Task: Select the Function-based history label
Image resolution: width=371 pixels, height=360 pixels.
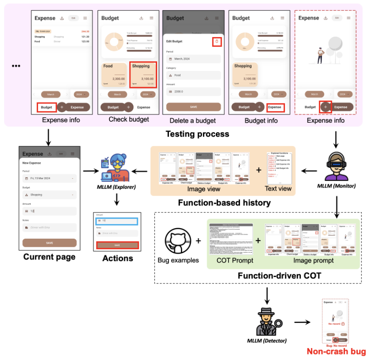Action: click(x=223, y=202)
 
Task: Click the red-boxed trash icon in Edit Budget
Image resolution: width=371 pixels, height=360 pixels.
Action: click(x=218, y=42)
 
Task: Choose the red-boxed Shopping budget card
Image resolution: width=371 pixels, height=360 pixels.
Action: click(x=143, y=75)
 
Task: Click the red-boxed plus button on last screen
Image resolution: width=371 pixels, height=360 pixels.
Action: click(x=325, y=107)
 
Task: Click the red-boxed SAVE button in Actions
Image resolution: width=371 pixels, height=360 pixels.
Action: click(x=117, y=245)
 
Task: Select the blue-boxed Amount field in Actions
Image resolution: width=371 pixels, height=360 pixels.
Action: click(x=117, y=221)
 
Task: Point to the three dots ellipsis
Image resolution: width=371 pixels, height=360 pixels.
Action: click(x=16, y=66)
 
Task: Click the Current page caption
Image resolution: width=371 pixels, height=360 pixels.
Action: click(x=49, y=257)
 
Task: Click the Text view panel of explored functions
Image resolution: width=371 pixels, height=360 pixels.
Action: click(x=278, y=168)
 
